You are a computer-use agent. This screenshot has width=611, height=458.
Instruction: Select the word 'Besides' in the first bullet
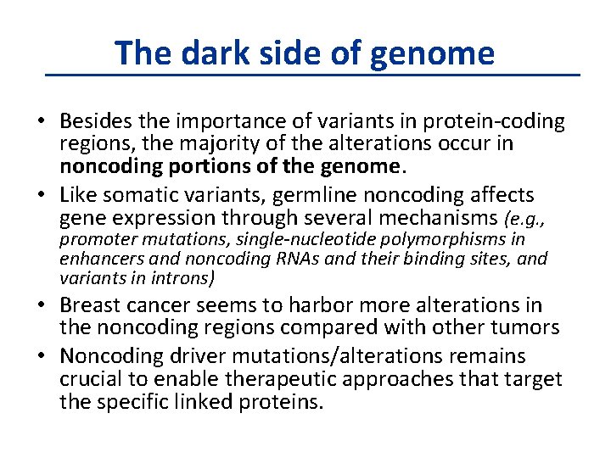100,121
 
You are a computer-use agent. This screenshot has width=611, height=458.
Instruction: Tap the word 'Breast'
90,305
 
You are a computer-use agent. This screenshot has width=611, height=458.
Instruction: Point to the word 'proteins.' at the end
283,400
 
